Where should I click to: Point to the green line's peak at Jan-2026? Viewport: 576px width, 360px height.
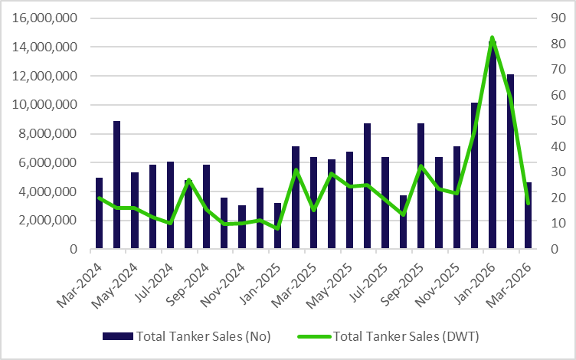[492, 38]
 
